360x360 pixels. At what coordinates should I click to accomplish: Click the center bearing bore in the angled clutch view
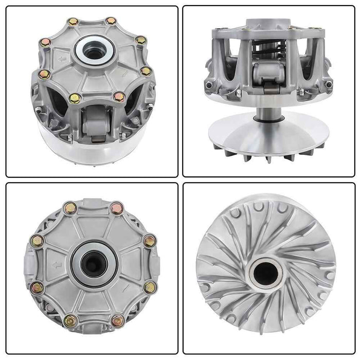coord(93,50)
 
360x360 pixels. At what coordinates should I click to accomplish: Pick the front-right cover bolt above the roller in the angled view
coord(119,96)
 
